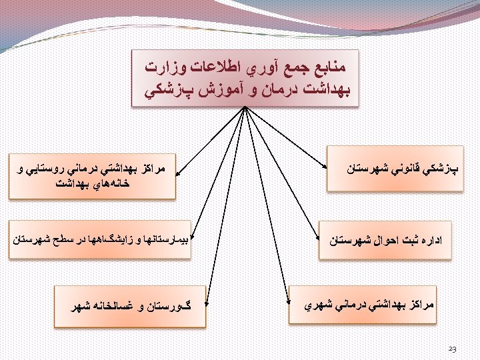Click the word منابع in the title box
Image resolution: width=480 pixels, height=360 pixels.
click(x=331, y=67)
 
